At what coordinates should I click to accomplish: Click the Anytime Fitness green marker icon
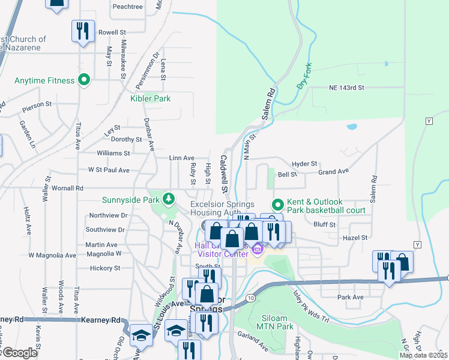click(x=84, y=80)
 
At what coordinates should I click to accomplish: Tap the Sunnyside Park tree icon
click(x=169, y=199)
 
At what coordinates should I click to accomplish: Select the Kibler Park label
click(x=151, y=98)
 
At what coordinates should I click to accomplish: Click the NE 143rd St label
click(x=346, y=88)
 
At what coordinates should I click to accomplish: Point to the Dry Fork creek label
click(x=306, y=78)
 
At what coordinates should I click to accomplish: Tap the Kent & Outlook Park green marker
click(x=277, y=205)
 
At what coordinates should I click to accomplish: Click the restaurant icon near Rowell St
click(x=82, y=31)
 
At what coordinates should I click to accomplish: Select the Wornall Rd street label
click(x=67, y=188)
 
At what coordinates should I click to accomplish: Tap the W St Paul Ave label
click(x=109, y=170)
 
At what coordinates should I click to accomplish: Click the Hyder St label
click(x=304, y=164)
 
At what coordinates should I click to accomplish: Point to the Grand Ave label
click(x=333, y=172)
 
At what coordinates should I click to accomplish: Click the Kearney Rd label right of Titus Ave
click(x=101, y=320)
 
